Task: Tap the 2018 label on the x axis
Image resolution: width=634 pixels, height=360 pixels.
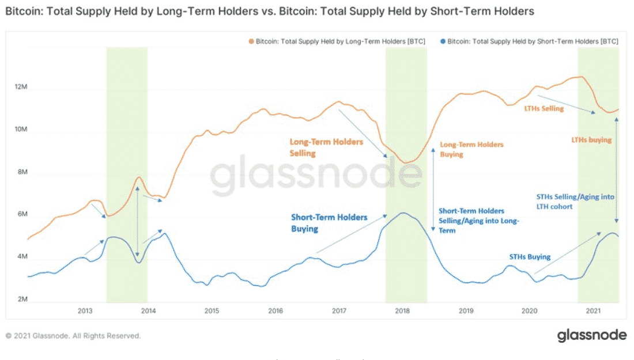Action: [x=402, y=311]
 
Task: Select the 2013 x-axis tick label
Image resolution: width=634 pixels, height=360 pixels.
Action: [x=85, y=311]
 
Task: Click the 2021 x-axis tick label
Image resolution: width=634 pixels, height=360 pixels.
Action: [x=593, y=311]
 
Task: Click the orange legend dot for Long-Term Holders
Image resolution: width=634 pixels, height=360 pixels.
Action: [x=251, y=41]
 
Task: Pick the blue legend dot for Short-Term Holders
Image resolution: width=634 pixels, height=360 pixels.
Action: [x=442, y=41]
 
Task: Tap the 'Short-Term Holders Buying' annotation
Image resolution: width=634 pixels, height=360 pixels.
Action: [x=329, y=222]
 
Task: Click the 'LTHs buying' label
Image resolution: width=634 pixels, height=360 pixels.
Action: [x=591, y=139]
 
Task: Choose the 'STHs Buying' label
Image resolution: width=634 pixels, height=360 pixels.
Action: [x=530, y=257]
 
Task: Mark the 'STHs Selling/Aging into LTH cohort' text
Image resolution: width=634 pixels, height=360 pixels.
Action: [x=575, y=201]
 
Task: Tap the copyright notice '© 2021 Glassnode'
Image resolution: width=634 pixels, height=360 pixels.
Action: [x=73, y=336]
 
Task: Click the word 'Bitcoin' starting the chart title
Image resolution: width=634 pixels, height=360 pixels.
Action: [x=21, y=11]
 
